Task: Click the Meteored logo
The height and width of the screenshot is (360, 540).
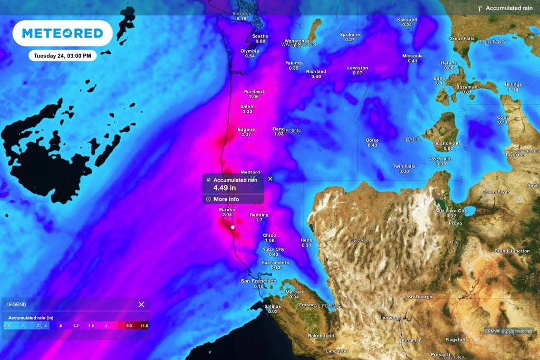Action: pos(62,33)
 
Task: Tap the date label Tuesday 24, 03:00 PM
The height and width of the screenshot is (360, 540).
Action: pos(62,55)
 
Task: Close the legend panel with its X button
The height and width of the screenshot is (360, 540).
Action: pos(141,304)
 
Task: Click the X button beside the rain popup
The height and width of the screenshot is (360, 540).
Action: pos(271,179)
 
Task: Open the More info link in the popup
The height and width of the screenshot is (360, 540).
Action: pos(226,199)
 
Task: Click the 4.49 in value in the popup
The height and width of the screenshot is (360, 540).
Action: pos(225,187)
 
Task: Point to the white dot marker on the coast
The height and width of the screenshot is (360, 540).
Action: pos(233,227)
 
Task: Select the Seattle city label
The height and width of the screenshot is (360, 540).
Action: pos(260,36)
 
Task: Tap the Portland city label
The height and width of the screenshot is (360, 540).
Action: pos(254,92)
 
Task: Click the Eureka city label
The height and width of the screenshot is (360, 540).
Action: pos(227,210)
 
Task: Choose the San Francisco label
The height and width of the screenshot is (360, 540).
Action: pos(258,281)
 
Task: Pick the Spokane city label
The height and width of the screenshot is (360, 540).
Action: pos(350,35)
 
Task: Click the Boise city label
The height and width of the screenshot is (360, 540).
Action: pos(372,140)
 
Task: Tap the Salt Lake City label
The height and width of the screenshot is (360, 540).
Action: pos(451,211)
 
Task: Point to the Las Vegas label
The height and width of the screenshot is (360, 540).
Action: pos(391,318)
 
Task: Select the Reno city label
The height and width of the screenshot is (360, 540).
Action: pos(306,240)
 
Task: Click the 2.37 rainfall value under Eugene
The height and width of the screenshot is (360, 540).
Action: pos(246,134)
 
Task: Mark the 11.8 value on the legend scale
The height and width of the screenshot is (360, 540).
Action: pos(144,326)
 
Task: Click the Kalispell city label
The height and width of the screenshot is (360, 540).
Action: pos(407,20)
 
